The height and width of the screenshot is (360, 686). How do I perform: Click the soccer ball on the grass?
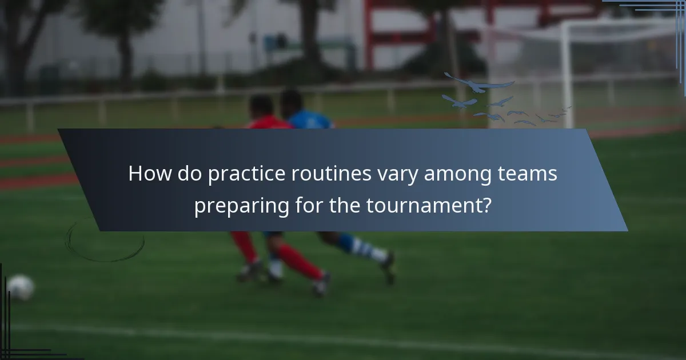tap(21, 287)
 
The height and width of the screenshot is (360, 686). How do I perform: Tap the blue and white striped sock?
tap(360, 247)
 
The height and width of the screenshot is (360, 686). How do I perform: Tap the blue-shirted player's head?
tap(291, 101)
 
